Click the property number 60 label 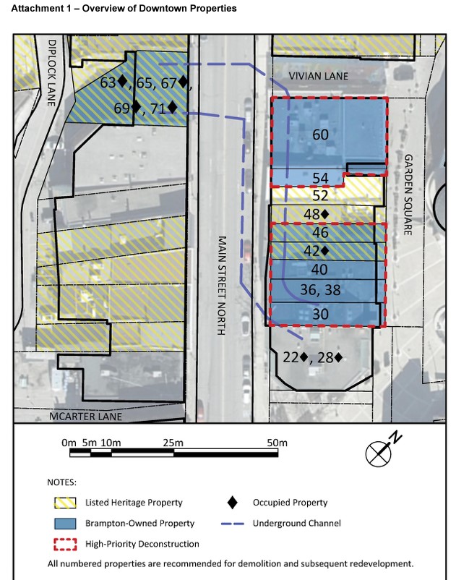[x=320, y=135]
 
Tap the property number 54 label [x=320, y=179]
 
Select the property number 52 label [x=320, y=195]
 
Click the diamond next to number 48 [x=324, y=214]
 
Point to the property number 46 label [x=320, y=233]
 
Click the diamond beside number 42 [x=324, y=251]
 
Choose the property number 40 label [x=319, y=270]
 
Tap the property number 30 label [x=320, y=314]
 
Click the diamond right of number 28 [x=338, y=357]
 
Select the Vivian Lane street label [x=318, y=76]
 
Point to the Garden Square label [x=408, y=195]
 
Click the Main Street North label [x=221, y=286]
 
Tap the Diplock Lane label [x=52, y=73]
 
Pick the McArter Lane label [x=86, y=417]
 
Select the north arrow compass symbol [x=381, y=451]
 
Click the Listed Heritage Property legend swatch [x=66, y=503]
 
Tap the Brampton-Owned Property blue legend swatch [x=66, y=524]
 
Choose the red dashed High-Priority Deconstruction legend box [x=66, y=544]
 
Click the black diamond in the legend [x=233, y=503]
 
